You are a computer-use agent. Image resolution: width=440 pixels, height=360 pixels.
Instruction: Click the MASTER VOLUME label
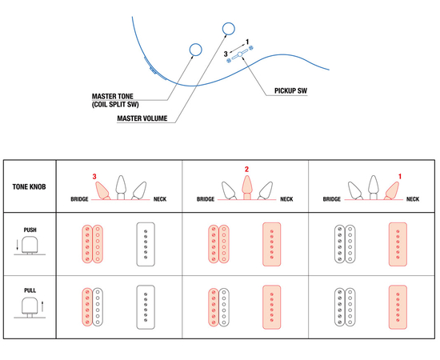pos(142,118)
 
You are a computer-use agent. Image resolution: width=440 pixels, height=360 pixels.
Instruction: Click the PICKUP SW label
pos(290,91)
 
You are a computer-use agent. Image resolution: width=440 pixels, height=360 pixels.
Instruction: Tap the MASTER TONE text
pos(113,96)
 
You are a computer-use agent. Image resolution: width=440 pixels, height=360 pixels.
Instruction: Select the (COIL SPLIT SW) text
pos(115,105)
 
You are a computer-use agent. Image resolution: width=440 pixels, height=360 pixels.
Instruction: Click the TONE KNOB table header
pos(29,187)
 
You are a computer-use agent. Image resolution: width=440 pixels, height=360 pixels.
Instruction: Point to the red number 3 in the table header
pos(94,177)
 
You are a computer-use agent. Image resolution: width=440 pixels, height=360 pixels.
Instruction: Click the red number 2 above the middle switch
pos(246,169)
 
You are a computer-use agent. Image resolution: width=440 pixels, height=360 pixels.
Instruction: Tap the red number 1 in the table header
pos(400,177)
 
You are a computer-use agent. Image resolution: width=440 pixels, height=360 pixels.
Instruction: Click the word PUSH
pos(30,230)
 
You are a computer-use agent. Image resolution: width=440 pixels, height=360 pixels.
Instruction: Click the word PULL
pos(30,290)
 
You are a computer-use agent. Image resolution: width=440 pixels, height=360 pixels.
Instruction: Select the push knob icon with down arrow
pos(29,246)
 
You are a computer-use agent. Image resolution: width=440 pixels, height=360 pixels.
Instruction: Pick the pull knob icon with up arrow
pos(30,308)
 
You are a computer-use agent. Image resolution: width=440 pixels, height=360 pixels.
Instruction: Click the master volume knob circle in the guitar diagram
pos(229,29)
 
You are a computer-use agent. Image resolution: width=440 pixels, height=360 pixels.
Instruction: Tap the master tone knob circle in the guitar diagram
pos(195,50)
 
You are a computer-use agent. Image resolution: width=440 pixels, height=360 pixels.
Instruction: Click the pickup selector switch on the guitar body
pos(240,54)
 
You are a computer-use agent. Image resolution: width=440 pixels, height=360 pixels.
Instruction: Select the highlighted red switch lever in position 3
pos(102,191)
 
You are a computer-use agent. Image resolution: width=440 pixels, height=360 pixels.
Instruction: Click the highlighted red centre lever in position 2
pos(246,187)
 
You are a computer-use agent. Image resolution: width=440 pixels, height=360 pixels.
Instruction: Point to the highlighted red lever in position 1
pos(392,191)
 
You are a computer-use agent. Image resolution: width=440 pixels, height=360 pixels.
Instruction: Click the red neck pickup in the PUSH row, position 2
pos(272,244)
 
